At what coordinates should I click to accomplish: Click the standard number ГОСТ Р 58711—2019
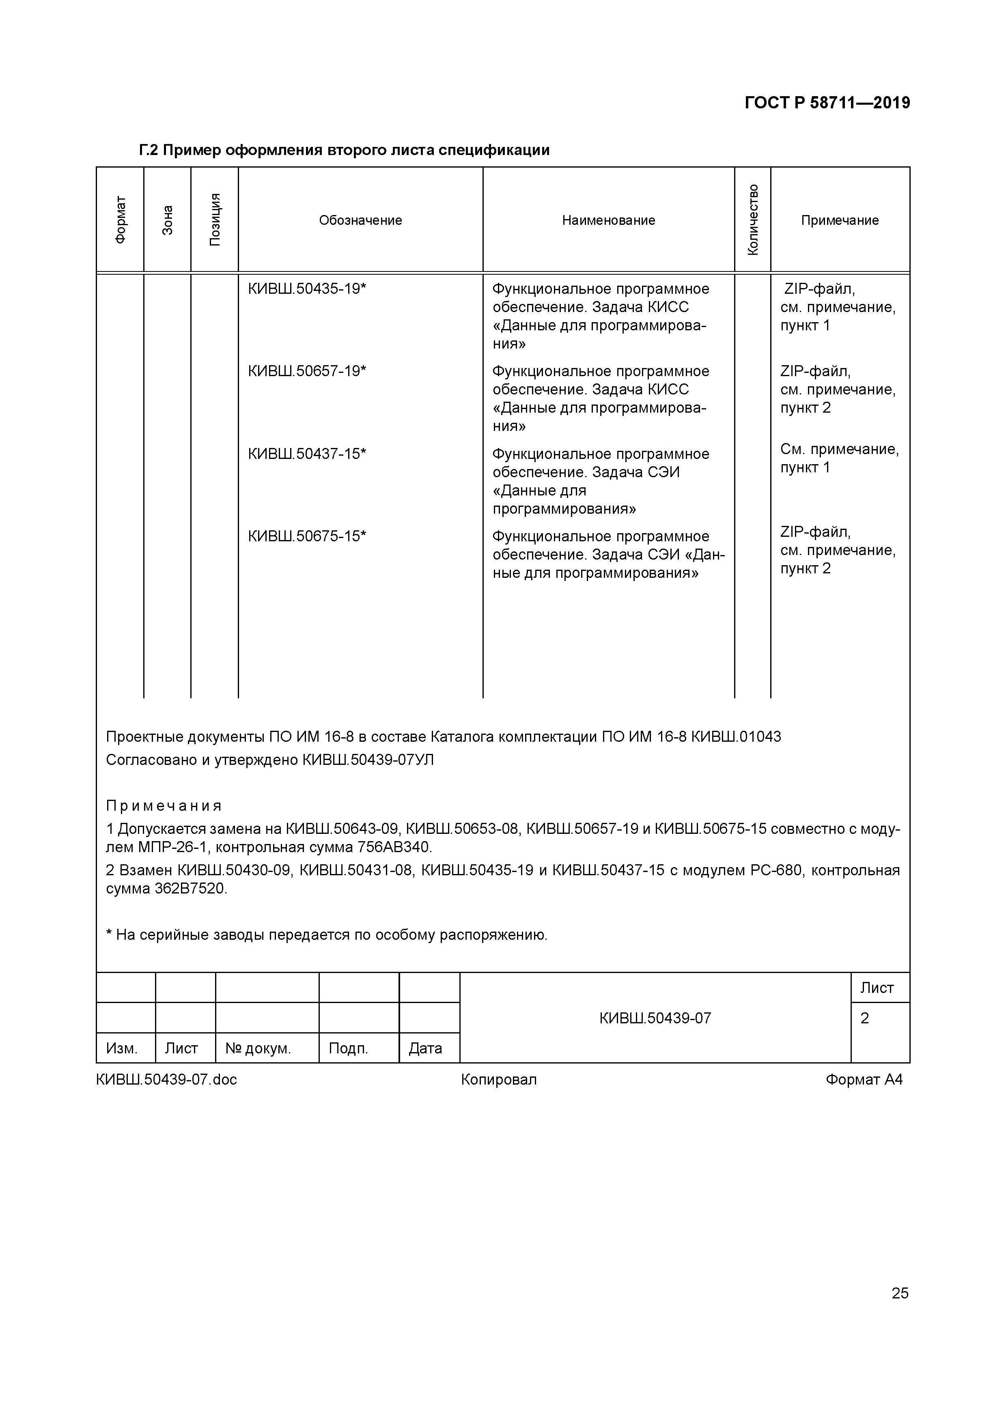pos(827,103)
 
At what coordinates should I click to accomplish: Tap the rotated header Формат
pos(120,220)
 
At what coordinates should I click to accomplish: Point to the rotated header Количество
pos(752,220)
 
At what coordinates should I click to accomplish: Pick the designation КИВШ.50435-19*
pos(307,289)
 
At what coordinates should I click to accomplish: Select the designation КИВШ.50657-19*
pos(307,371)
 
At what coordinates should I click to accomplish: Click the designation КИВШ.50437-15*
pos(307,454)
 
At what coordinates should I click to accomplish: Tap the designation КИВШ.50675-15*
pos(307,536)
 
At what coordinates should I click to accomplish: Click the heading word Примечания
pos(164,806)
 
